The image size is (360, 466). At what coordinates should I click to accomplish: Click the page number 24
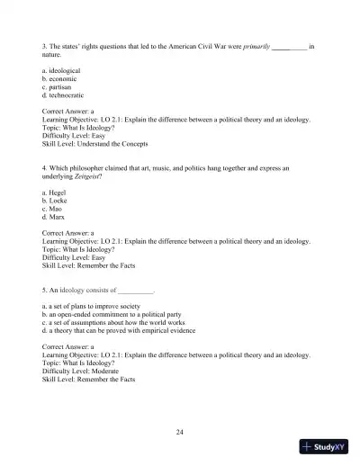(x=180, y=433)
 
